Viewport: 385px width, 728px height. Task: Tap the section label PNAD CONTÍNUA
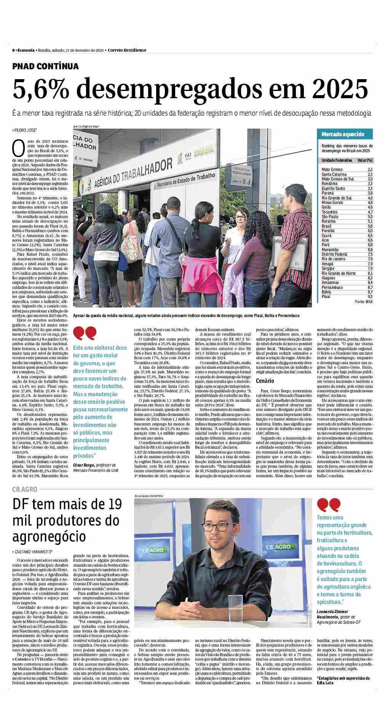(46, 66)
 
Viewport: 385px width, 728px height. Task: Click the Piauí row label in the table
(326, 296)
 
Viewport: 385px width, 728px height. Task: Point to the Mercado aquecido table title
(343, 134)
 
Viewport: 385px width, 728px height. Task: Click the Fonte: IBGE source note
(364, 301)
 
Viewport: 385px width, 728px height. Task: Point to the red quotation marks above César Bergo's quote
(85, 333)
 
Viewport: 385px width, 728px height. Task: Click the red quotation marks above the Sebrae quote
(329, 505)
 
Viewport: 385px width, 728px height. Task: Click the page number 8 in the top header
(13, 50)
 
